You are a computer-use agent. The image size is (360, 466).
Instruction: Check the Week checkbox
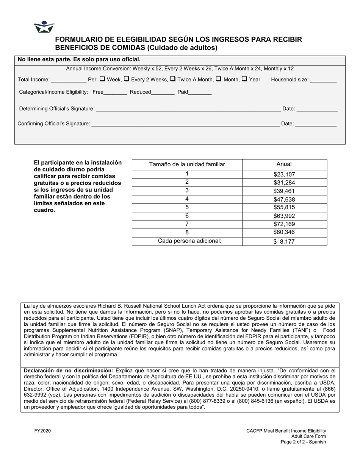(x=102, y=79)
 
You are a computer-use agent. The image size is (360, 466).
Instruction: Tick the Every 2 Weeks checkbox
(x=127, y=79)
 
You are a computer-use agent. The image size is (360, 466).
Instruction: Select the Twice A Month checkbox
(x=172, y=79)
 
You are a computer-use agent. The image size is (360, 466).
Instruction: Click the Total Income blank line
(x=68, y=80)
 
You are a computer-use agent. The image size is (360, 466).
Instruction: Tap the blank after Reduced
(x=163, y=92)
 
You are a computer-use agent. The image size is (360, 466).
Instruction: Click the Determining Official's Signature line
(x=188, y=109)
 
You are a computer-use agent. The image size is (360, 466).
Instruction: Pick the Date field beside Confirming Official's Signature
(x=315, y=124)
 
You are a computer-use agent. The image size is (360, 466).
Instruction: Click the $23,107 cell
(x=284, y=175)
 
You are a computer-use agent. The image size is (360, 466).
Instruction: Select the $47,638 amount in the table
(x=284, y=200)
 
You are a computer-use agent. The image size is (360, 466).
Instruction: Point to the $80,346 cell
(x=284, y=232)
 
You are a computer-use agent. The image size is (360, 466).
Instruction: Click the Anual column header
(x=284, y=164)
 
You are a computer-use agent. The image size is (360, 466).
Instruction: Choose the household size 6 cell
(x=187, y=216)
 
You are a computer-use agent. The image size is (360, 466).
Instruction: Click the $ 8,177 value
(x=284, y=242)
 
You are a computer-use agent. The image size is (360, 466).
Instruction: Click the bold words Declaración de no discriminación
(x=68, y=371)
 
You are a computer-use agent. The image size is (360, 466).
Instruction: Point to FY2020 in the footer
(x=42, y=431)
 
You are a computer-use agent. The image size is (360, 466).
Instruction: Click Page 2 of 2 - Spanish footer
(x=303, y=442)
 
